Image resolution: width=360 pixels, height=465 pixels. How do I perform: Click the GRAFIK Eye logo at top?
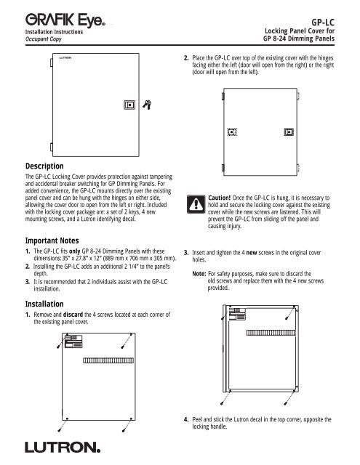tap(65, 20)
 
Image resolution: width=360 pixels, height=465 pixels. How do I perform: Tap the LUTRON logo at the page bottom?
tap(63, 447)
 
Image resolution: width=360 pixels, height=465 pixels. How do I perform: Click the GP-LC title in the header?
tap(323, 23)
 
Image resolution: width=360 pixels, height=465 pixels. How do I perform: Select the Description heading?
tap(44, 166)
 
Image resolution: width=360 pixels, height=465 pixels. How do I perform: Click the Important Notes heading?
tap(52, 240)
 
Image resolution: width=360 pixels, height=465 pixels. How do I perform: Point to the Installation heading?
tap(44, 304)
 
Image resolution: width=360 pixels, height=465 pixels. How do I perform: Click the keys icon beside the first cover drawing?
tap(147, 105)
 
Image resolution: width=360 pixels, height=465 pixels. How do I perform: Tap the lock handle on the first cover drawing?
tap(129, 105)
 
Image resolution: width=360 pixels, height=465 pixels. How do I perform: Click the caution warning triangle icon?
tap(196, 204)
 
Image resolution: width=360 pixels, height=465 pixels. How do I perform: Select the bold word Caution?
tap(220, 198)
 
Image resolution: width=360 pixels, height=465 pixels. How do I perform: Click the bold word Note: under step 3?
tap(199, 274)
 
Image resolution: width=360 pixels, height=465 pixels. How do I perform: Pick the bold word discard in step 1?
tap(73, 315)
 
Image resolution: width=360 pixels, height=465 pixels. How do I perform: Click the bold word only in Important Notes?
tap(75, 251)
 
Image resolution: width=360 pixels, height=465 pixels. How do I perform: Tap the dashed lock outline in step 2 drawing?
tap(232, 132)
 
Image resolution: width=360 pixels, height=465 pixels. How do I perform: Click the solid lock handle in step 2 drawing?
tap(289, 132)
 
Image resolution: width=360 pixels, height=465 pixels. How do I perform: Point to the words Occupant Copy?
tap(44, 39)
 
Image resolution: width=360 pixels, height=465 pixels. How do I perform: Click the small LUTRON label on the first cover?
tap(65, 58)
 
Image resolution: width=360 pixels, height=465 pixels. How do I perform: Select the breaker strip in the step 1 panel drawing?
tap(108, 360)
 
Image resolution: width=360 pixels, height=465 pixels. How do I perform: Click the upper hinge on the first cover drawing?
tap(52, 62)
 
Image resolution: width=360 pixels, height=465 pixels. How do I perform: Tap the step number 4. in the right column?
tap(186, 419)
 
